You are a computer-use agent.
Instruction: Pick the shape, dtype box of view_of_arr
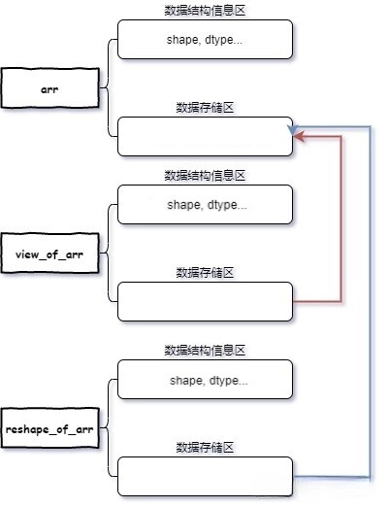[205, 206]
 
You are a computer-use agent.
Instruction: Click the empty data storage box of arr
[205, 137]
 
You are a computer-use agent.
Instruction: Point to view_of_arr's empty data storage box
[205, 301]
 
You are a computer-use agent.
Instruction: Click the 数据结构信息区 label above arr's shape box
[205, 10]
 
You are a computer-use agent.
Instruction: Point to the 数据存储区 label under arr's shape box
[205, 107]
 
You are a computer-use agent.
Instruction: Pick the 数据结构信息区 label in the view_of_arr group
[205, 175]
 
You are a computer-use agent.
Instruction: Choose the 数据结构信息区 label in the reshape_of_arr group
[205, 348]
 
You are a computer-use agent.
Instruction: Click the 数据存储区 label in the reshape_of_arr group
[205, 447]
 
